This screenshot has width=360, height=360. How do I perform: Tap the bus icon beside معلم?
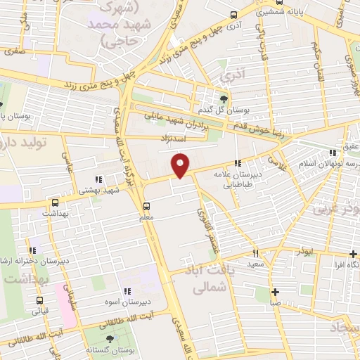(146, 206)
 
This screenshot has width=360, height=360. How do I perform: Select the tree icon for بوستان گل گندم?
(224, 98)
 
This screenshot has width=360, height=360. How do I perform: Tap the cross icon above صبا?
(275, 292)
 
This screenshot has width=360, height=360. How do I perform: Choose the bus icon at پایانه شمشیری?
(235, 13)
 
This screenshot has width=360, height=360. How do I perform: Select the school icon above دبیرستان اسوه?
(127, 290)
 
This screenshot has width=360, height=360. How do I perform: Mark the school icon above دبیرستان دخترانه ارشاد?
(33, 250)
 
